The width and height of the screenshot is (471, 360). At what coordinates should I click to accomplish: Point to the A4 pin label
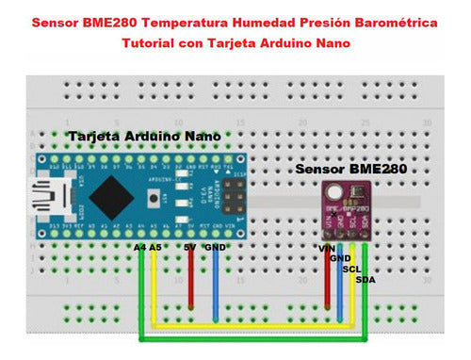pos(139,247)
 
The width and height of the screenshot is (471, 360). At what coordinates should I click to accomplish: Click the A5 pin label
pos(155,247)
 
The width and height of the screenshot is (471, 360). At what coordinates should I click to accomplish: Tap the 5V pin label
pos(189,247)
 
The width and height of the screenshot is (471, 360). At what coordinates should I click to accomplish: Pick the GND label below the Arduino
pos(216,247)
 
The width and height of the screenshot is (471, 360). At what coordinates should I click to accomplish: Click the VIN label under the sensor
pos(327,248)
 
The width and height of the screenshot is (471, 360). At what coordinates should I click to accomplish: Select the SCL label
pos(352,269)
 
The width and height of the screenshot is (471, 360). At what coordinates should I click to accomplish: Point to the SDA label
pos(365,279)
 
